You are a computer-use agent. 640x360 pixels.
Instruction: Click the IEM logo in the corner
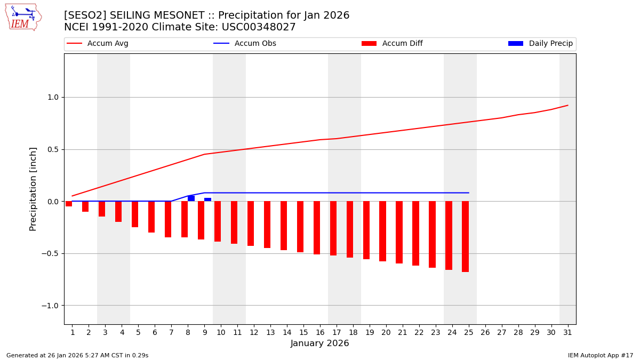point(23,17)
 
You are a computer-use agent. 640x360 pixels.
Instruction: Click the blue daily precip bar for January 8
point(191,198)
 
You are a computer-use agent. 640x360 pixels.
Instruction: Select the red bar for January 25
point(465,236)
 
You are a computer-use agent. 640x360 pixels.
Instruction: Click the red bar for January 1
point(69,204)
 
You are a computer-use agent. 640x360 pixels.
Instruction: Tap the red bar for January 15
point(300,227)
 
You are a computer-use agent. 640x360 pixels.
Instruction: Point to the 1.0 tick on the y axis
point(53,98)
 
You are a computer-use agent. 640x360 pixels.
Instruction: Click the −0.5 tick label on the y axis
point(51,253)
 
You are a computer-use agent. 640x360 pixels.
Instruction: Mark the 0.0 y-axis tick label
point(53,202)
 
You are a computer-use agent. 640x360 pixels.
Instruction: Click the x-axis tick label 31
point(567,332)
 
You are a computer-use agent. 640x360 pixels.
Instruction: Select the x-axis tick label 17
point(337,332)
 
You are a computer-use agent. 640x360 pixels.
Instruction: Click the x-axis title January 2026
point(319,343)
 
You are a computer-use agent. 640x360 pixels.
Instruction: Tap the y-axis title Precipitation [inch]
point(33,189)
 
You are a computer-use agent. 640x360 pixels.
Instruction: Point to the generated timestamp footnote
point(77,355)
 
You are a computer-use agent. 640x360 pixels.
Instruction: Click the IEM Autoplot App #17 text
point(601,355)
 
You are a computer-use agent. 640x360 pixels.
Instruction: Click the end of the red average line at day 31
point(567,105)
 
